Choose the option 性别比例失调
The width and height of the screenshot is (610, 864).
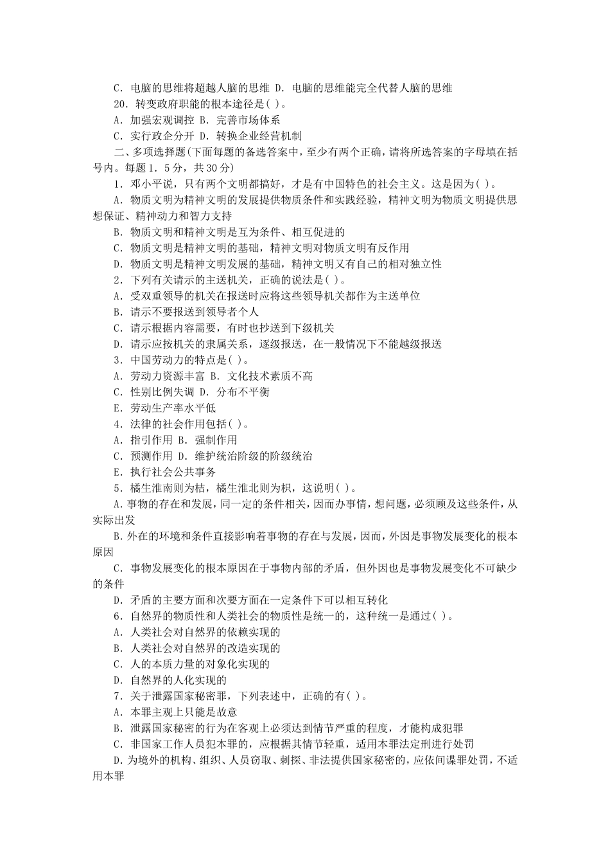[x=151, y=392]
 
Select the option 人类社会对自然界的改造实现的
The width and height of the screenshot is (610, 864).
[x=196, y=649]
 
